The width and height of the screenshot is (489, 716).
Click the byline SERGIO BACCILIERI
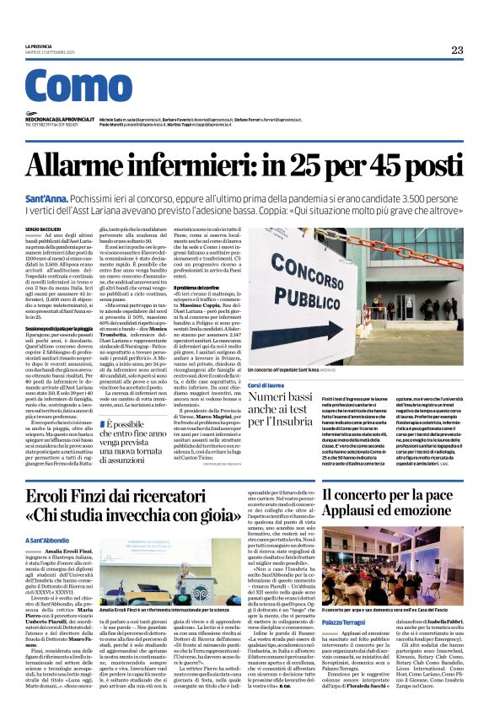(44, 228)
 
